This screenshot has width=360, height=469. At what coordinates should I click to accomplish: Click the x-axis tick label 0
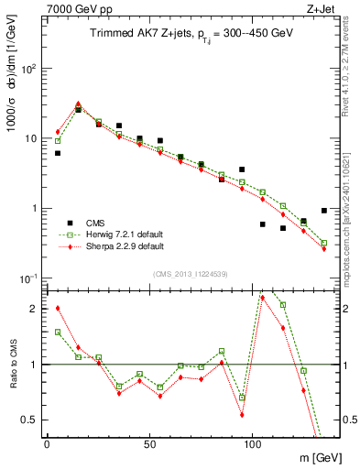47,442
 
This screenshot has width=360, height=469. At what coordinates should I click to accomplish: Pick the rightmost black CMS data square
324,210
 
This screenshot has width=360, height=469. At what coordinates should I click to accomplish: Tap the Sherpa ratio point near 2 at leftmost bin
58,308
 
